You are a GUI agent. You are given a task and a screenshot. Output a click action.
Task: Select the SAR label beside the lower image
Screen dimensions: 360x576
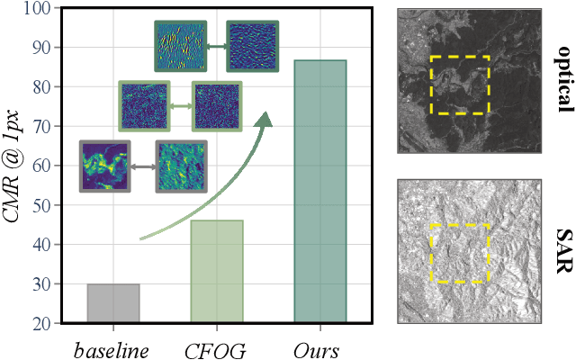point(564,254)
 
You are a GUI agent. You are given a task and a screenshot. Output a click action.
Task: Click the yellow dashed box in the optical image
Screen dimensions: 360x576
point(459,85)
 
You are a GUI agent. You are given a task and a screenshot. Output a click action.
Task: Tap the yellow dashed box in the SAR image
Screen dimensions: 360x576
point(459,254)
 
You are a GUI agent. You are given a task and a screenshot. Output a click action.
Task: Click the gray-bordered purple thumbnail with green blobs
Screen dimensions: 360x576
point(104,166)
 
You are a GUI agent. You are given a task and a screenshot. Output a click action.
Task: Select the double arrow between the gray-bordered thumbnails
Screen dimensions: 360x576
point(142,166)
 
